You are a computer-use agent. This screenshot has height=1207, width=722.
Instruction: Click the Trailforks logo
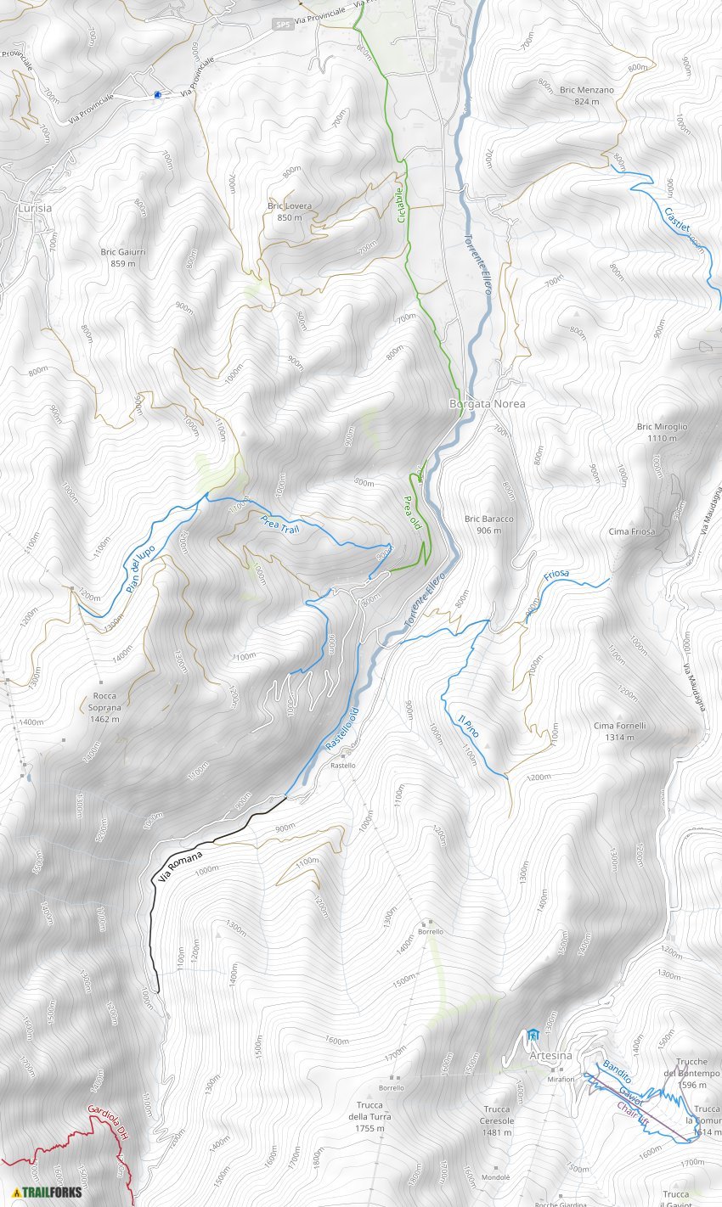[x=48, y=1191]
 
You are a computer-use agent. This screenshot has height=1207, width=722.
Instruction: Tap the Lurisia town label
[x=34, y=208]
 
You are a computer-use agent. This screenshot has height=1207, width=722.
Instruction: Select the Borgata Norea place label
[x=487, y=404]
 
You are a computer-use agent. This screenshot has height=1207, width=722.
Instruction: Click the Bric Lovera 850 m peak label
[x=290, y=211]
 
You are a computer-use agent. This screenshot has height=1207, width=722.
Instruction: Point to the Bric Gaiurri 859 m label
[x=123, y=257]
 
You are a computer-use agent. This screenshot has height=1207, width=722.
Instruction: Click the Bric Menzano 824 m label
[x=586, y=95]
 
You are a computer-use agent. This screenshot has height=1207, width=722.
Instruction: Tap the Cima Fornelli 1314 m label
[x=620, y=731]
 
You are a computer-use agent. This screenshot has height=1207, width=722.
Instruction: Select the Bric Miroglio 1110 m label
[x=662, y=432]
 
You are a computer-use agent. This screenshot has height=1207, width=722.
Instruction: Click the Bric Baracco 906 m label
[x=488, y=524]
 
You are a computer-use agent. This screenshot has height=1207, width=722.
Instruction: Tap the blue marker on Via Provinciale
[x=158, y=95]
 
